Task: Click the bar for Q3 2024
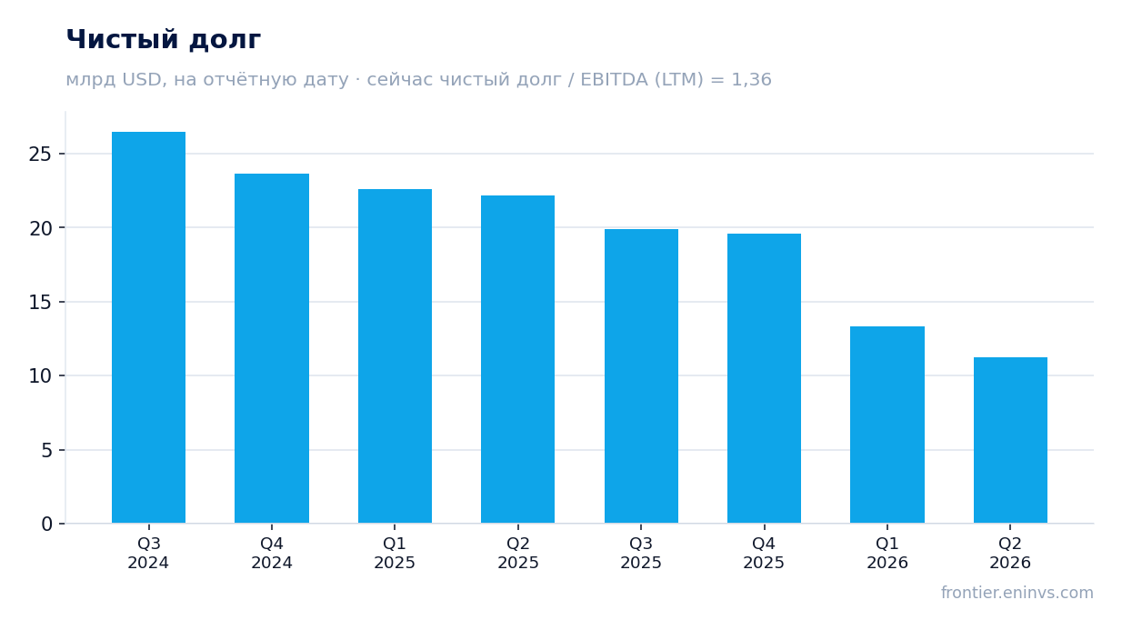pos(148,327)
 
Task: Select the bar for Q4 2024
pos(272,348)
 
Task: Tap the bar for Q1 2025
pos(395,356)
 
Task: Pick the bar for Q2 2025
pos(518,360)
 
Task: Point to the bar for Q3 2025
pos(641,376)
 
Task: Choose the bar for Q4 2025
pos(764,378)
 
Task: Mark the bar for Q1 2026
pos(887,425)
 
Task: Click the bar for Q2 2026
pos(1010,440)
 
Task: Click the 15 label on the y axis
pos(40,303)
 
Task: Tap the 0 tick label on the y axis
pos(46,525)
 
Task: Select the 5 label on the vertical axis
pos(46,451)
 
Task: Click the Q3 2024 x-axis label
pos(148,553)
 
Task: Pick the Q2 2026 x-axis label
pos(1010,553)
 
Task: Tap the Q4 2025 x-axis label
pos(764,553)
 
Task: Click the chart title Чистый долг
pos(164,40)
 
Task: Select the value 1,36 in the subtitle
pos(751,80)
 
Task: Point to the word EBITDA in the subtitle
pos(614,80)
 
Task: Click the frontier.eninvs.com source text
pos(1017,593)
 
